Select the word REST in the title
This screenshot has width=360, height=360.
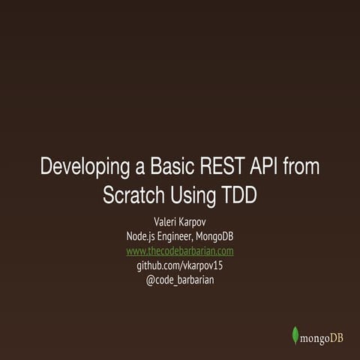tap(224, 166)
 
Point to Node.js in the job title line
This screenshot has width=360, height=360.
tap(143, 237)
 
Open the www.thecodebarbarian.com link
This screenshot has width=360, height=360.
tap(180, 250)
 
